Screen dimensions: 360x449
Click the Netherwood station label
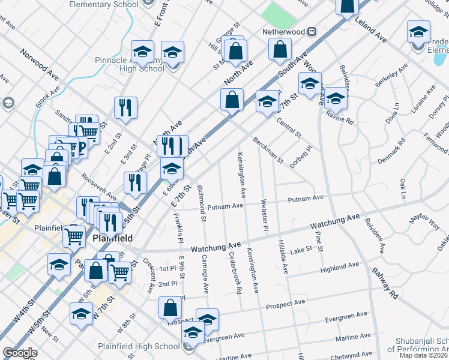tap(280, 31)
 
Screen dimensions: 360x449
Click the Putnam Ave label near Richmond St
tap(225, 206)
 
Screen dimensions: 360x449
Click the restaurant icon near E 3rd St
tap(126, 107)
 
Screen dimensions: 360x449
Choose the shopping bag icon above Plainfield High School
tap(170, 308)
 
